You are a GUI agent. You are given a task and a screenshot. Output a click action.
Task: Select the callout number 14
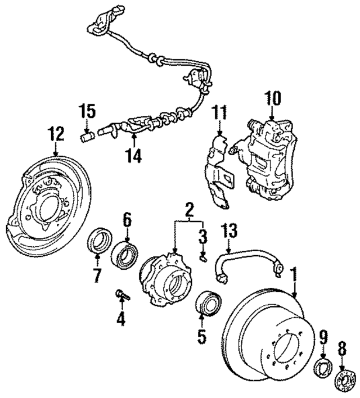click(133, 155)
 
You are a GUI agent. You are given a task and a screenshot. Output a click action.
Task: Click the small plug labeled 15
click(87, 137)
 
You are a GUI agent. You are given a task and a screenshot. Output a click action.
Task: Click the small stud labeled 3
click(203, 259)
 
